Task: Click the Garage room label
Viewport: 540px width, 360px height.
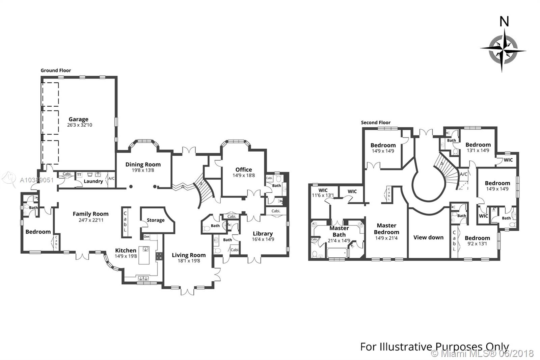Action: click(78, 119)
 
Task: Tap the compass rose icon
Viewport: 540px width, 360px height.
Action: click(503, 51)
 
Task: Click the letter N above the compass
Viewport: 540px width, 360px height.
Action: click(504, 22)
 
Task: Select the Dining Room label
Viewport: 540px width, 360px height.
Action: click(143, 164)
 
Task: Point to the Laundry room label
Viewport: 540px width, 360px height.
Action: click(93, 181)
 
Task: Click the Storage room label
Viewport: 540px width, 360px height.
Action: click(156, 220)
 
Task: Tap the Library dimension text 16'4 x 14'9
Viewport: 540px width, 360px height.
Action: click(263, 239)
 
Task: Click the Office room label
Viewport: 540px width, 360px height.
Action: click(243, 170)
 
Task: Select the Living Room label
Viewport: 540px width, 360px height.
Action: click(188, 255)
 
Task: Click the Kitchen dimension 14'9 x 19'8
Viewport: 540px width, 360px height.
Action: click(126, 256)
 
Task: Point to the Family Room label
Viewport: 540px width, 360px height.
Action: click(90, 214)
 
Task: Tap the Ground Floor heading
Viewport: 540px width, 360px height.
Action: click(56, 71)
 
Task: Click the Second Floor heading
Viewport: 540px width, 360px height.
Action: click(376, 123)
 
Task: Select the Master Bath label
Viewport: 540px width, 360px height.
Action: click(339, 231)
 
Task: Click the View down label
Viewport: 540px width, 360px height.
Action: click(428, 237)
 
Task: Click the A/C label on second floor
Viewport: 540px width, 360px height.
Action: click(463, 174)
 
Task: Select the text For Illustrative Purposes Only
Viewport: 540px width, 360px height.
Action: click(434, 347)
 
